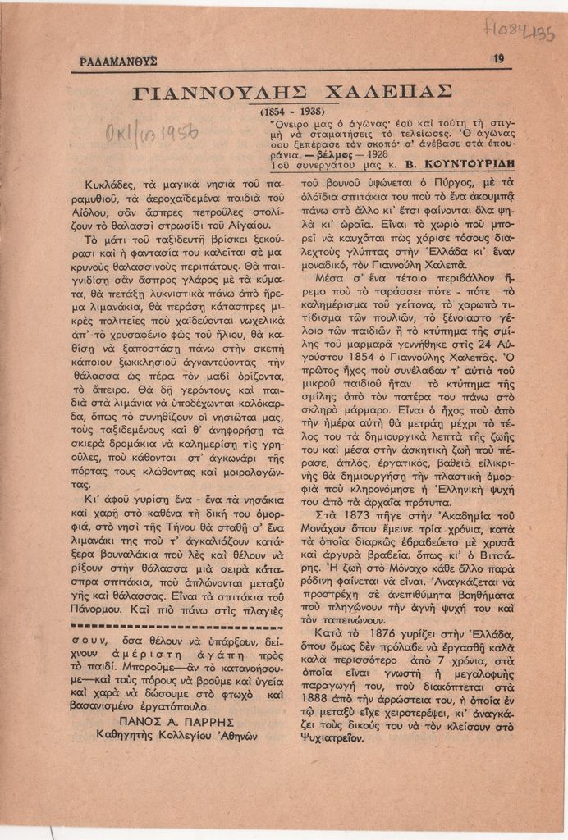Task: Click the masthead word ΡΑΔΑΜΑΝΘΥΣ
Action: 119,61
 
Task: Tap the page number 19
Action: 498,58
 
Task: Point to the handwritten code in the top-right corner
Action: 520,34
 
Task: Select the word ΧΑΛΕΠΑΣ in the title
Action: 383,89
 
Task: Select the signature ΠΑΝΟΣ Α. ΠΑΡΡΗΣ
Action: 177,722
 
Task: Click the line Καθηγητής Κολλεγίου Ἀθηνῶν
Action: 177,736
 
